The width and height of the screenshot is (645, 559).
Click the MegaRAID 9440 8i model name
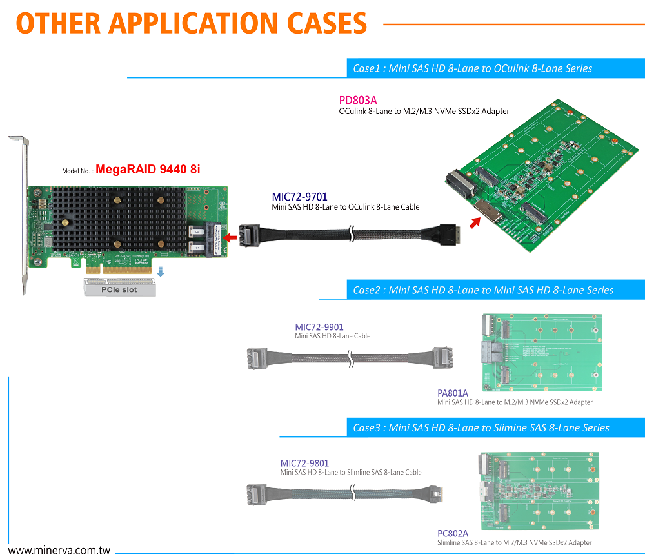coord(148,170)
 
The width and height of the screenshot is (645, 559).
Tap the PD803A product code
coord(358,101)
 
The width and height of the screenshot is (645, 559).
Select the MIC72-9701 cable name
coord(300,196)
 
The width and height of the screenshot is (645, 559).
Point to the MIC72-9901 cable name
coord(319,327)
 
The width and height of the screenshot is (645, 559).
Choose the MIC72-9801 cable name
coord(304,463)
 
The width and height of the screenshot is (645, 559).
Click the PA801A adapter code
coord(453,393)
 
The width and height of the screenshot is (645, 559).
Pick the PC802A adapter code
coord(453,533)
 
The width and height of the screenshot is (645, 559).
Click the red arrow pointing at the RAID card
coord(229,239)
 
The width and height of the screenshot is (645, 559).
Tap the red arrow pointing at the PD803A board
coord(475,223)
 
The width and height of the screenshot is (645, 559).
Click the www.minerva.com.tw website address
coord(59,551)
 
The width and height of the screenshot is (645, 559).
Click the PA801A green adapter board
coord(542,351)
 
